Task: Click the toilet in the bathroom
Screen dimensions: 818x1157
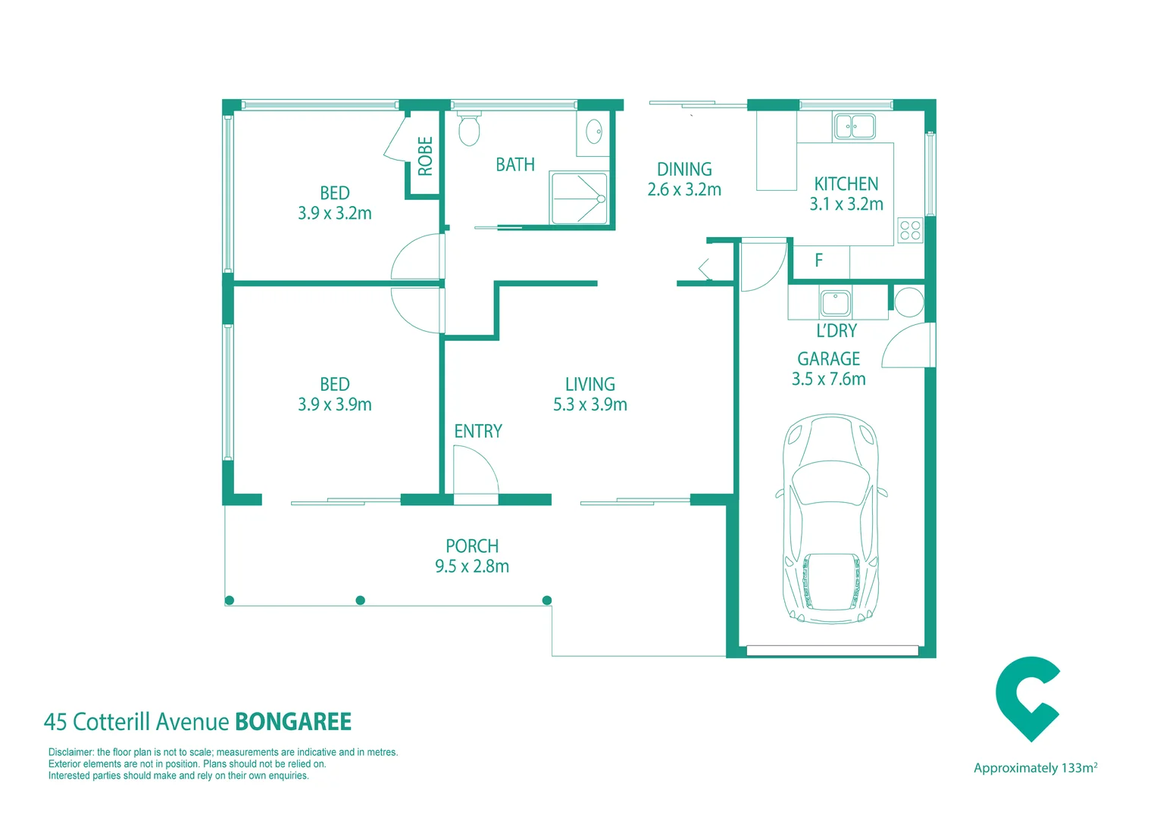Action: click(x=469, y=130)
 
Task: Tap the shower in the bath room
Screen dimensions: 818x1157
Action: click(x=579, y=199)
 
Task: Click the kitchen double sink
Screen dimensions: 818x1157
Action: click(x=854, y=126)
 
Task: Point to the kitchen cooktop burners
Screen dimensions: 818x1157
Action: click(x=910, y=230)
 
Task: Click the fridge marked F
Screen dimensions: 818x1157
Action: click(x=819, y=261)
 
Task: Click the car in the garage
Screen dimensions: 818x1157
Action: click(x=831, y=519)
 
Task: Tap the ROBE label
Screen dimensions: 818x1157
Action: click(x=425, y=156)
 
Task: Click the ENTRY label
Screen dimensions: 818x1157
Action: click(x=477, y=431)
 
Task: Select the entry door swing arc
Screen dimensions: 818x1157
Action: click(x=476, y=470)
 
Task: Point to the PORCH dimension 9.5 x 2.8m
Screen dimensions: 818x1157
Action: click(x=471, y=567)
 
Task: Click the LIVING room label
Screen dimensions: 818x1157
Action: click(x=589, y=385)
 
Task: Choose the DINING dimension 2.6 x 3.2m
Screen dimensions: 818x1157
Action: click(x=683, y=190)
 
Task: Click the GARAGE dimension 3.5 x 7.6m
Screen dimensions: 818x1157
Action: click(x=828, y=379)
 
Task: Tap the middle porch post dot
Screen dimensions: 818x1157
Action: click(x=361, y=600)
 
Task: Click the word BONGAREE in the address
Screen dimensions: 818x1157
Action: click(x=293, y=722)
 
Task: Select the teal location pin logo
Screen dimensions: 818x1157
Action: click(x=1026, y=698)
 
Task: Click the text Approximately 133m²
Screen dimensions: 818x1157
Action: click(x=1035, y=768)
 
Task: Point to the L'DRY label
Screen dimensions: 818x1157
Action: click(x=836, y=331)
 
